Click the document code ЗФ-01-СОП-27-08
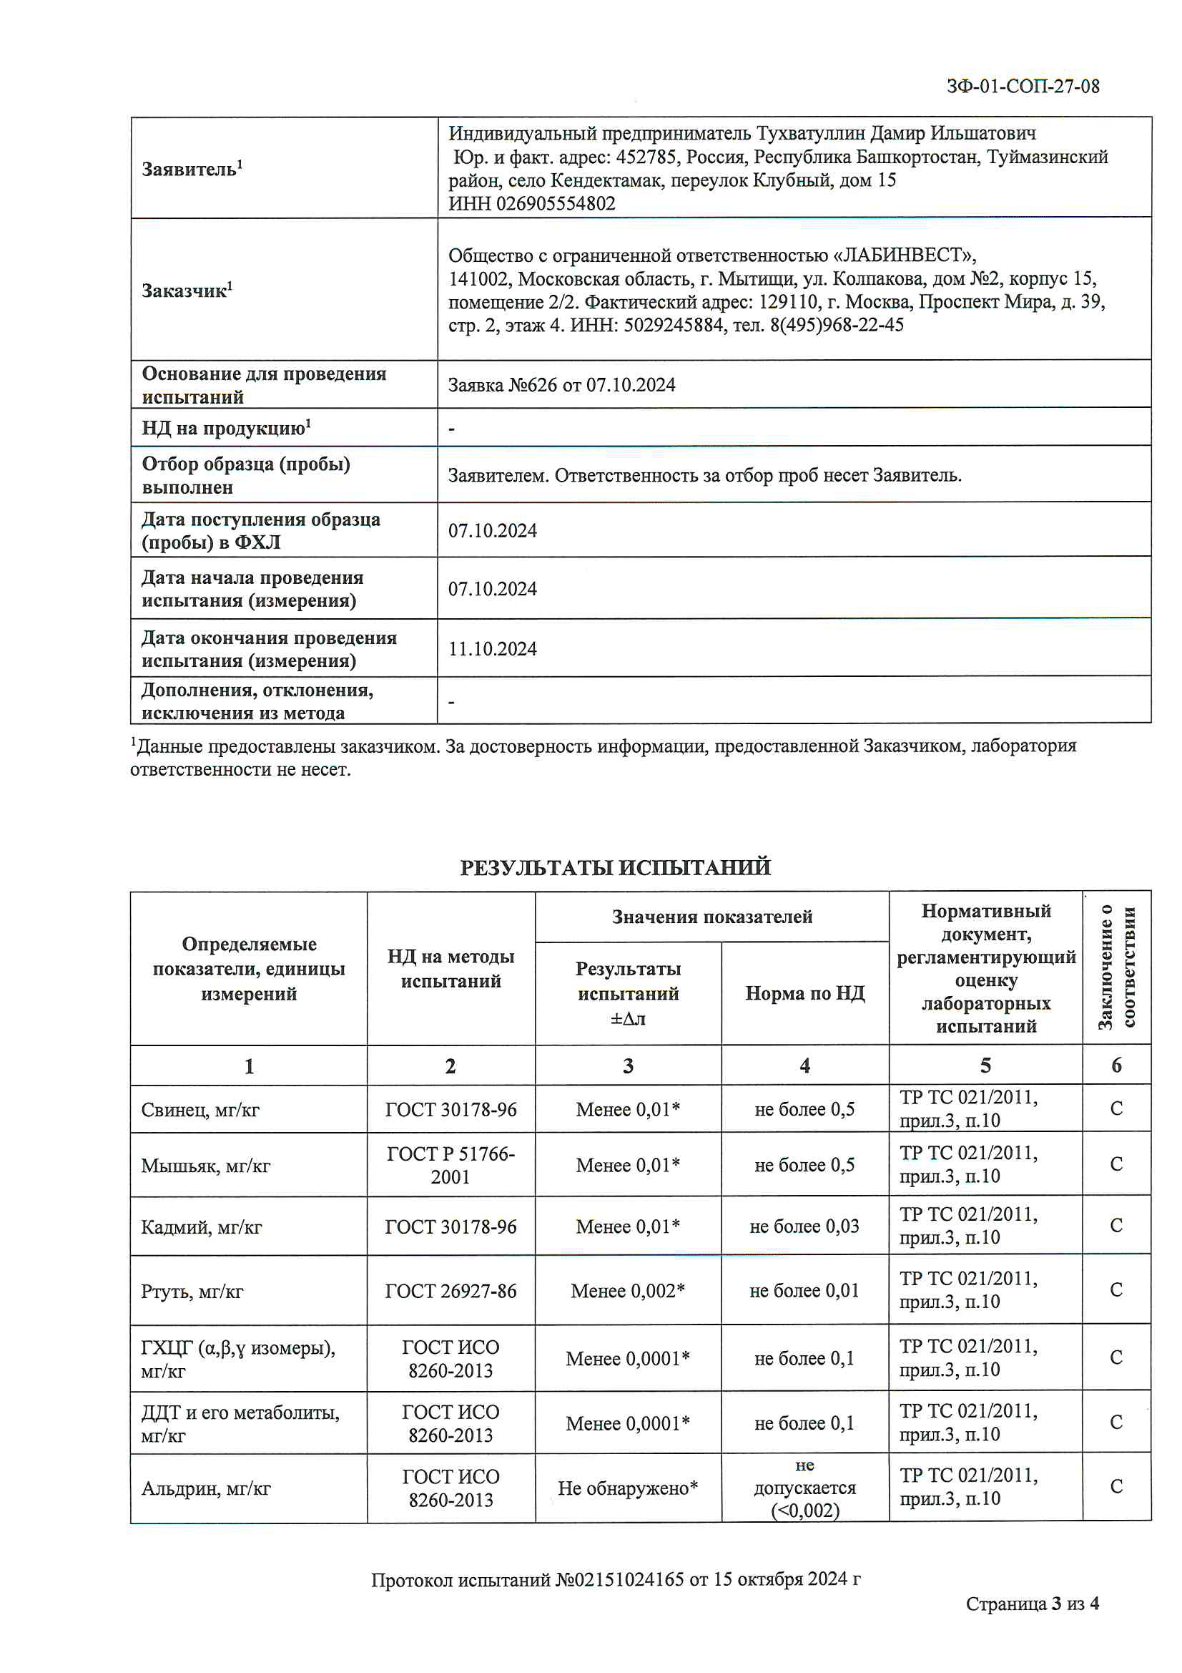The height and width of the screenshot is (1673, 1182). [1022, 87]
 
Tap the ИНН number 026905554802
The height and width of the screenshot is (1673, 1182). [555, 204]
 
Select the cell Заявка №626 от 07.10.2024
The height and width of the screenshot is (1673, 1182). [561, 385]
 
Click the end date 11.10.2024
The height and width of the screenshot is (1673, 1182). [492, 648]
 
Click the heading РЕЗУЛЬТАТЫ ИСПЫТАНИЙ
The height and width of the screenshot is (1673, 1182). [615, 867]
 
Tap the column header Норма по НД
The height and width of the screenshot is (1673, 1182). [804, 993]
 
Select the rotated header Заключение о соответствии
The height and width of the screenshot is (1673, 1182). [1116, 967]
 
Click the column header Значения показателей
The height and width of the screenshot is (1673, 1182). [711, 917]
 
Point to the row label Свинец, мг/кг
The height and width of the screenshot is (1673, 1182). [200, 1110]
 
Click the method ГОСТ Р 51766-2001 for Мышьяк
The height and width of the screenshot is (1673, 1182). [450, 1165]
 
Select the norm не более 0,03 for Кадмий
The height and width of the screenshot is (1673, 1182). [804, 1226]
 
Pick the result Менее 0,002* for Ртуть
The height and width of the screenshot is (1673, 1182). [627, 1290]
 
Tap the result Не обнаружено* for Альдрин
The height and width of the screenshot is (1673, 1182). [628, 1488]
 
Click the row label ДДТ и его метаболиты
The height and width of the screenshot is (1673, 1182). [240, 1423]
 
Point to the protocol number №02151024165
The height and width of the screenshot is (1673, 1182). [620, 1579]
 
